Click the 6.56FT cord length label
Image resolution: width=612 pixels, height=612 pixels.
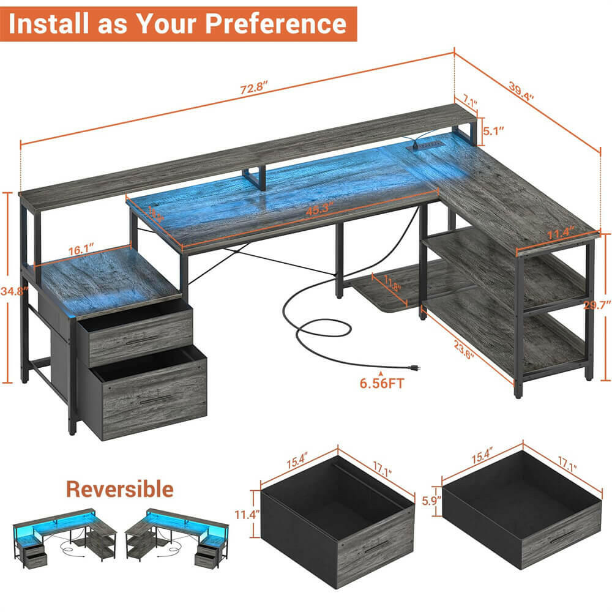click(x=381, y=384)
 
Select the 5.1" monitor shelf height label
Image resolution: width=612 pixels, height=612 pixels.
click(x=493, y=131)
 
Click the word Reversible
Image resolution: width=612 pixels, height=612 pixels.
click(x=119, y=489)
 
